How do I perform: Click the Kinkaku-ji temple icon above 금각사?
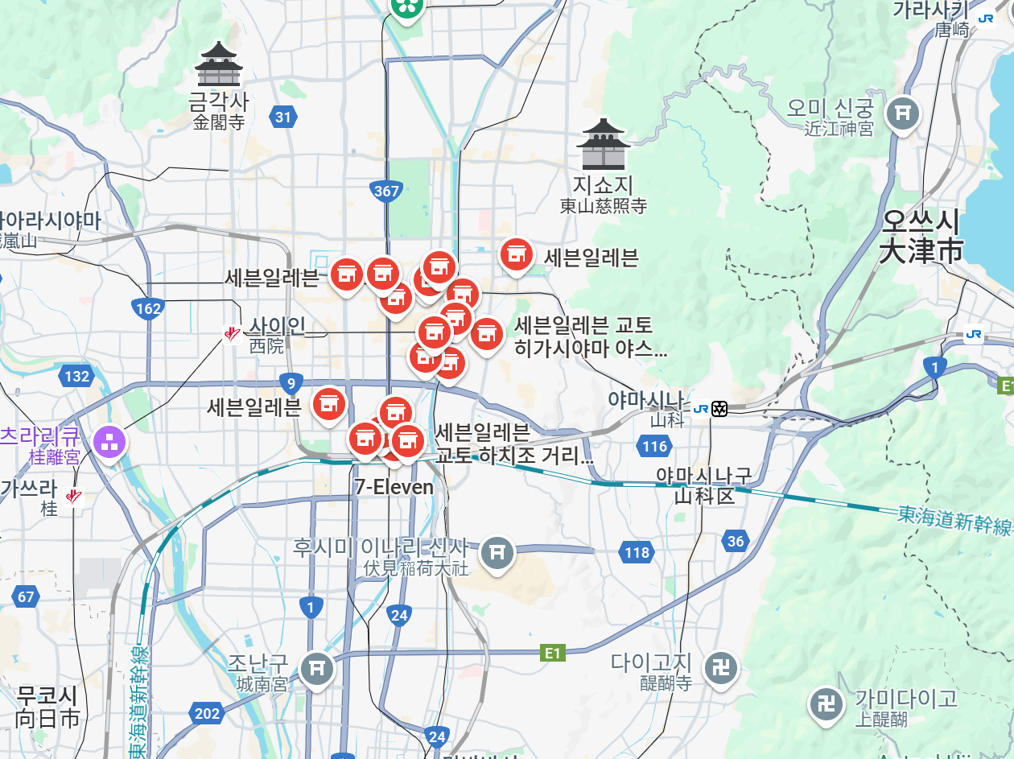(x=219, y=64)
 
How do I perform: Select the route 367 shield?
(x=387, y=191)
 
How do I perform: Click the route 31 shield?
(x=282, y=118)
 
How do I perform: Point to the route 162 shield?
(x=149, y=308)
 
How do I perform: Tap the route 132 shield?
(x=76, y=376)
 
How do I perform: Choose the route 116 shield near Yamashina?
(x=655, y=446)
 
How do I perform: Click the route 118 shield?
(x=636, y=552)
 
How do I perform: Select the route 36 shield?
(x=735, y=542)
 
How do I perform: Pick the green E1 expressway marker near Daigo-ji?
(x=552, y=653)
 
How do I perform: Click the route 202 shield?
(x=207, y=713)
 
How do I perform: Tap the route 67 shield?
(x=27, y=596)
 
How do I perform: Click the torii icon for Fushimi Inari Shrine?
(x=497, y=553)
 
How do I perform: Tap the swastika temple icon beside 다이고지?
(x=722, y=667)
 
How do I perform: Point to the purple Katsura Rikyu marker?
(x=109, y=440)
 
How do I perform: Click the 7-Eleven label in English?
(x=394, y=487)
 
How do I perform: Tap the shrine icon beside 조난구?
(x=317, y=668)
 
